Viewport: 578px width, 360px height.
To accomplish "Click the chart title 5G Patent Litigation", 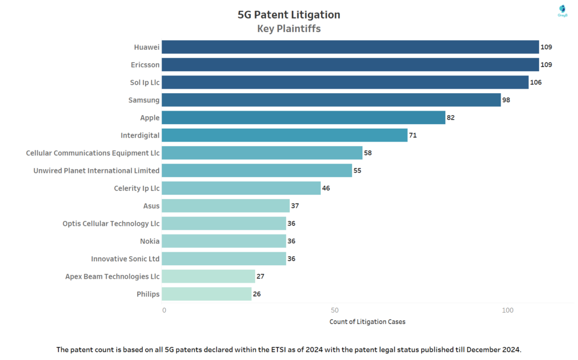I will pos(289,15).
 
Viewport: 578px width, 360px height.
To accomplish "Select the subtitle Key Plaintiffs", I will pos(289,29).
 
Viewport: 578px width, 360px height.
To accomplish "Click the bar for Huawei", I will pos(351,47).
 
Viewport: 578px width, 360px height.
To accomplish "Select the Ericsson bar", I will pos(351,64).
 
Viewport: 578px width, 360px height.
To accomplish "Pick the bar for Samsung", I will pos(332,100).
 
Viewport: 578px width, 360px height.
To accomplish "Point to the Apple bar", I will pos(304,117).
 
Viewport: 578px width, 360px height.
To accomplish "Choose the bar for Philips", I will pos(207,294).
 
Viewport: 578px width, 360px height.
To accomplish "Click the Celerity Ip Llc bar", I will pos(242,188).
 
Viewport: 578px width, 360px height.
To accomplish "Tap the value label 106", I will pos(536,82).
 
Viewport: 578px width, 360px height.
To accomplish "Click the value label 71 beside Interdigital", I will pos(413,135).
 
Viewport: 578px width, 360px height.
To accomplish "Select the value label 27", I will pos(260,276).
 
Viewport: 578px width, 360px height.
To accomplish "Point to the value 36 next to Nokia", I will pos(291,241).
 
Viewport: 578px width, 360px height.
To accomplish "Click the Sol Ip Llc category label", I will pos(144,82).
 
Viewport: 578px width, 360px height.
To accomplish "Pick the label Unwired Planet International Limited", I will pos(97,170).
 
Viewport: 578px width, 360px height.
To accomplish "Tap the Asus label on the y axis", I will pos(151,206).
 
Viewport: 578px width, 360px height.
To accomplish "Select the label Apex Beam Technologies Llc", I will pos(112,276).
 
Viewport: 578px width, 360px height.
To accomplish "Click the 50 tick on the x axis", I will pos(335,310).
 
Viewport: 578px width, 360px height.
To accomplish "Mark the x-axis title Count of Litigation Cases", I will pos(367,322).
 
